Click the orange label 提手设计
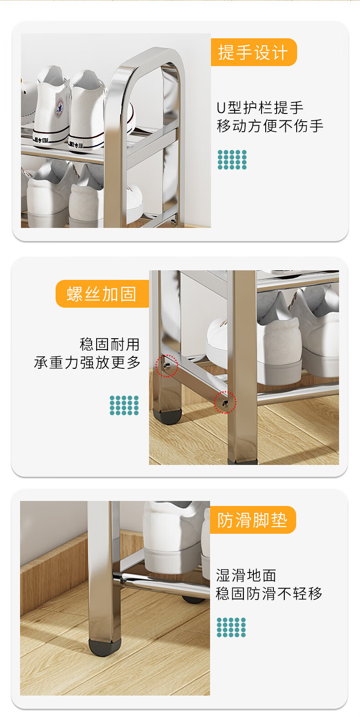(x=254, y=52)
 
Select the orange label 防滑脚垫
(x=253, y=520)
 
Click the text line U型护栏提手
(x=260, y=108)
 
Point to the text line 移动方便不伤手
(x=270, y=126)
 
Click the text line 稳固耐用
(x=110, y=345)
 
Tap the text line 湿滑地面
(x=246, y=575)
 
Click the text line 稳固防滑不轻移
(x=269, y=593)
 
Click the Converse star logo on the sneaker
(x=60, y=108)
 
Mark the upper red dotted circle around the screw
(x=166, y=366)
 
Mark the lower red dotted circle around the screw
(x=225, y=402)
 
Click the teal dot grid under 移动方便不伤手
(x=232, y=160)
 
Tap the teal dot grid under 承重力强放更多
(x=124, y=405)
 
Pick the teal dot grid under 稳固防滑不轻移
(x=231, y=627)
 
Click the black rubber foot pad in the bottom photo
(x=105, y=647)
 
